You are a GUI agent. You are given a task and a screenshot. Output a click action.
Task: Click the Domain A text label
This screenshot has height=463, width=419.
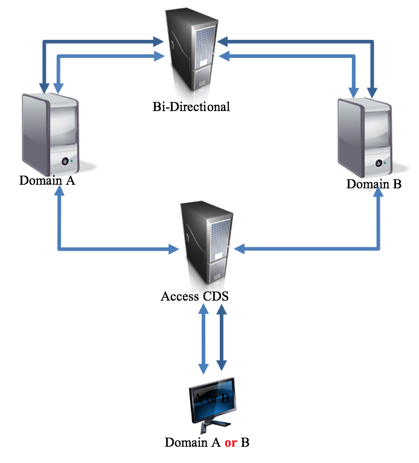tap(47, 180)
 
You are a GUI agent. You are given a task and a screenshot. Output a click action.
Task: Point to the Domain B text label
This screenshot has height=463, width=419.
tap(374, 184)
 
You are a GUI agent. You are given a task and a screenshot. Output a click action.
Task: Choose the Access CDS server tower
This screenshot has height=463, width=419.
tap(206, 244)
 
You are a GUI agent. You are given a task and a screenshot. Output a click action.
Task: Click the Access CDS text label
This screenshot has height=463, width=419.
tap(195, 296)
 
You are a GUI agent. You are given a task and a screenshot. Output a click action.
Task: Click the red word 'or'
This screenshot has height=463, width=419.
tap(231, 442)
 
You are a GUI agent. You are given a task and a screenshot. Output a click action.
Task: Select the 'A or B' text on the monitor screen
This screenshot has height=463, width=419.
tap(211, 398)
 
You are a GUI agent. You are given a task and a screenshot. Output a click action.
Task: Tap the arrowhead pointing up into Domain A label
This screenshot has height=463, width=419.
tap(59, 193)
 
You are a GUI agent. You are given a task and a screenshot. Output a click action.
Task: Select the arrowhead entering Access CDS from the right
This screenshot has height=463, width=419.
tap(238, 248)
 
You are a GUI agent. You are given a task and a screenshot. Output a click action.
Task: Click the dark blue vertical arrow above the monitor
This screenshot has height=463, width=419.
tap(221, 337)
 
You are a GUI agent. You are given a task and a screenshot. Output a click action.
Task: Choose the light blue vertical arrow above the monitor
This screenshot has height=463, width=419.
tap(203, 337)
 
